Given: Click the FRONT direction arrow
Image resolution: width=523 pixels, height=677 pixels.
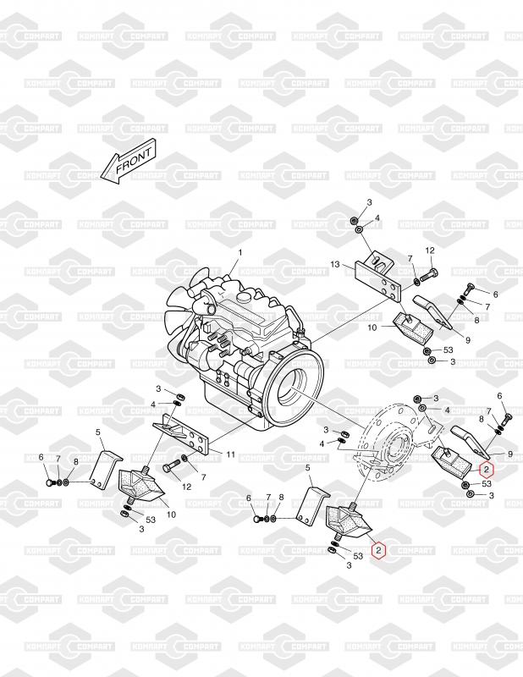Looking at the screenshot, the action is click(x=128, y=161).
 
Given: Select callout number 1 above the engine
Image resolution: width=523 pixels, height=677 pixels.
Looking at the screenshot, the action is click(x=240, y=252).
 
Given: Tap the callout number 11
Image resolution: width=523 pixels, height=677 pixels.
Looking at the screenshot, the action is click(x=231, y=454).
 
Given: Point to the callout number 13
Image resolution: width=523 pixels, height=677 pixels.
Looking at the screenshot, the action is click(x=335, y=264).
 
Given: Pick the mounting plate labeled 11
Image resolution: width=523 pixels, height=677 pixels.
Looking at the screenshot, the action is click(x=181, y=435).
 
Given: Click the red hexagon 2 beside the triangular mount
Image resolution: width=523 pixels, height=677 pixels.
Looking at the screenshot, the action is click(x=379, y=550).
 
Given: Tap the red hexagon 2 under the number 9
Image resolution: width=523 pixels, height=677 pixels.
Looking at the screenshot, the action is click(x=487, y=469).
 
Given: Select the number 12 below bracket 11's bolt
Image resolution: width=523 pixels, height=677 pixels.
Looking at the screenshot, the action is click(x=186, y=486).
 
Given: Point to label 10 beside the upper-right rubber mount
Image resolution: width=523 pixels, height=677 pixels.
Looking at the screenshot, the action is click(x=372, y=327).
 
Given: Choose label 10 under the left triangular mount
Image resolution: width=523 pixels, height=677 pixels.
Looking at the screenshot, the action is click(x=171, y=515).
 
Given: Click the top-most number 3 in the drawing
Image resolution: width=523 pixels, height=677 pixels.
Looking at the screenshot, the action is click(x=369, y=202).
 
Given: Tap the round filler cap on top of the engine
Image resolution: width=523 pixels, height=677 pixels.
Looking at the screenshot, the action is click(x=245, y=298).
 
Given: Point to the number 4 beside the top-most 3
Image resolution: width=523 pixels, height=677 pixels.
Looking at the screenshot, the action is click(x=377, y=218).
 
